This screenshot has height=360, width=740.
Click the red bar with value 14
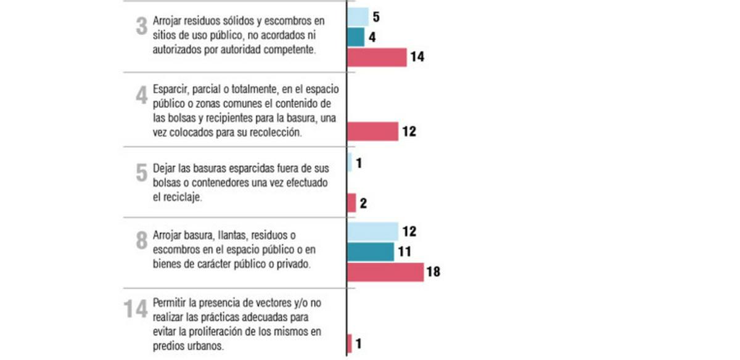pyautogui.click(x=377, y=57)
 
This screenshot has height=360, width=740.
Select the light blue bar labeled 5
pyautogui.click(x=358, y=17)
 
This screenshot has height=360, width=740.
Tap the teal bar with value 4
pyautogui.click(x=356, y=37)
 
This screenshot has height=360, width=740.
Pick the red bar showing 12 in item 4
pyautogui.click(x=373, y=131)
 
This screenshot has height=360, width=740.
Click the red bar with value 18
pyautogui.click(x=385, y=272)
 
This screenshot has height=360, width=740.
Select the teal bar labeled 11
pyautogui.click(x=371, y=252)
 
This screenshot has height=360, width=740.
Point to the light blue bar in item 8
pyautogui.click(x=373, y=231)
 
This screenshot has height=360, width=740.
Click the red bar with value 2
pyautogui.click(x=351, y=203)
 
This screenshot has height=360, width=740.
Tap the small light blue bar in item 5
pyautogui.click(x=350, y=162)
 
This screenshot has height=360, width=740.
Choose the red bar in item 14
pyautogui.click(x=350, y=343)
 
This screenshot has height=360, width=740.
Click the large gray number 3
pyautogui.click(x=141, y=27)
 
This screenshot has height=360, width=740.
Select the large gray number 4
pyautogui.click(x=141, y=96)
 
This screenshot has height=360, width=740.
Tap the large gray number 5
pyautogui.click(x=141, y=173)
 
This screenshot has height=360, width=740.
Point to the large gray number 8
pyautogui.click(x=141, y=240)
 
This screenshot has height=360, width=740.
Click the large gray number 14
pyautogui.click(x=136, y=309)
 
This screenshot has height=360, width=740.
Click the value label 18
pyautogui.click(x=433, y=272)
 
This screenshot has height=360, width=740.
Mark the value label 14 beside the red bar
pyautogui.click(x=417, y=57)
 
